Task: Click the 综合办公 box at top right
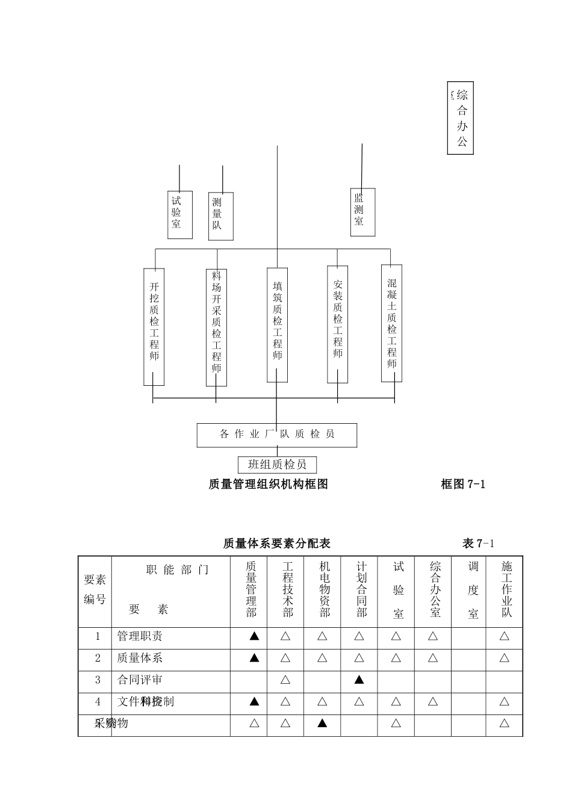[461, 118]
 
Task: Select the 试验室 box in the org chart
[179, 214]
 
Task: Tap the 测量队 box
[220, 216]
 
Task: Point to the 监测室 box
[362, 212]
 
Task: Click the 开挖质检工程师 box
[154, 326]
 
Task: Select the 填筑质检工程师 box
[277, 325]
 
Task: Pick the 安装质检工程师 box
[338, 324]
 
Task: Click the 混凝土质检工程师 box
[392, 323]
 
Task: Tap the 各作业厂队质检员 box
[277, 435]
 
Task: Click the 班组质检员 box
[277, 465]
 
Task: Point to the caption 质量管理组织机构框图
[269, 484]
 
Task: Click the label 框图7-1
[462, 484]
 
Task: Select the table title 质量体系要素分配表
[276, 544]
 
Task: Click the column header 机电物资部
[325, 589]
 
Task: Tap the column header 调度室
[473, 589]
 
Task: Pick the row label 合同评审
[140, 680]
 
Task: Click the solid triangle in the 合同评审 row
[359, 680]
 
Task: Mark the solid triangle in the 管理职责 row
[254, 636]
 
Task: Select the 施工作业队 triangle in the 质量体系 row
[505, 658]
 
